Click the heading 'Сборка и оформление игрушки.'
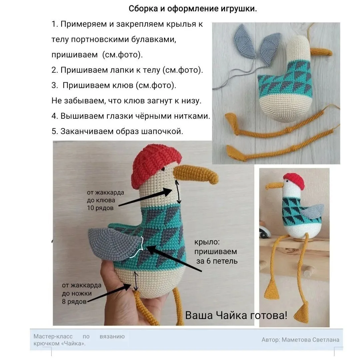193,9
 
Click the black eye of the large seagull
163,169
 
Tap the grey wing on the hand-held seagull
115,244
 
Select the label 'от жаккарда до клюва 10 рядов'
105,200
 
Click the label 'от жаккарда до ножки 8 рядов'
82,293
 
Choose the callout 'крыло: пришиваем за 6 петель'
216,252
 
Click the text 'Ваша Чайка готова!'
236,315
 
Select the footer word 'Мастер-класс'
53,336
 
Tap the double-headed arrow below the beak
178,192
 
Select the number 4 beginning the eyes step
54,116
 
